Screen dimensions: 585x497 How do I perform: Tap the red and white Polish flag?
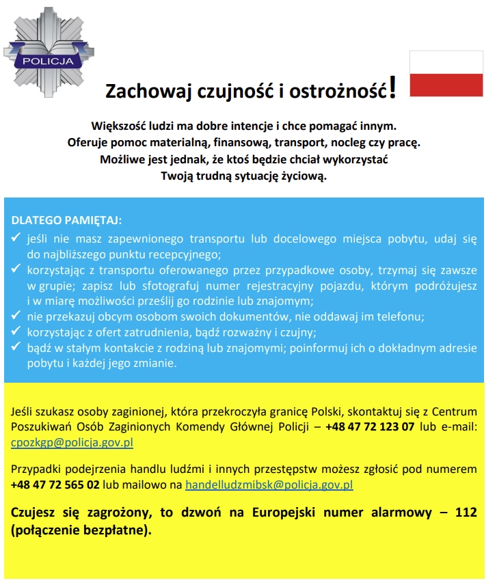pyautogui.click(x=446, y=74)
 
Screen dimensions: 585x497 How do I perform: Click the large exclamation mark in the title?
pyautogui.click(x=392, y=89)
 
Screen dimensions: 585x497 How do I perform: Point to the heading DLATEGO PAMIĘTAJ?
pyautogui.click(x=66, y=221)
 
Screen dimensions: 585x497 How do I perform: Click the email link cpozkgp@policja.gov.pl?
pyautogui.click(x=72, y=442)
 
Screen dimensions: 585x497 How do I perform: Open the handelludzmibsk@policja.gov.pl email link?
pyautogui.click(x=269, y=485)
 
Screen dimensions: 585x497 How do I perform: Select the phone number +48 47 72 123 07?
pyautogui.click(x=370, y=426)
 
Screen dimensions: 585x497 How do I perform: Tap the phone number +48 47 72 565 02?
pyautogui.click(x=55, y=485)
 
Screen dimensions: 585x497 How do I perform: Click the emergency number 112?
pyautogui.click(x=466, y=512)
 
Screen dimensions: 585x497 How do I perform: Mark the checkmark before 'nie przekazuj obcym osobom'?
pyautogui.click(x=17, y=317)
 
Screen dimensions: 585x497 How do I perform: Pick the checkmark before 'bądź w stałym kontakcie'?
pyautogui.click(x=17, y=348)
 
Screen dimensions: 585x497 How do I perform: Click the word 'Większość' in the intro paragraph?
pyautogui.click(x=117, y=126)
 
